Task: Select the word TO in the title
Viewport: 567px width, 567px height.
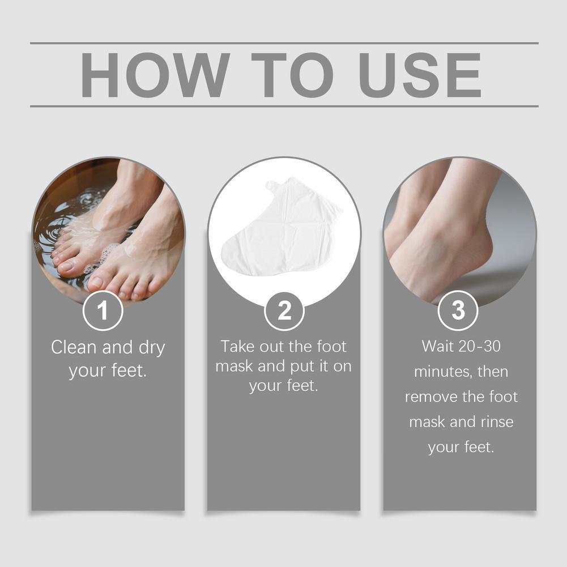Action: coord(292,75)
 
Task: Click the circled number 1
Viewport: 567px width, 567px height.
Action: coord(103,310)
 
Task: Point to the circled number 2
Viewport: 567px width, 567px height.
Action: coord(284,310)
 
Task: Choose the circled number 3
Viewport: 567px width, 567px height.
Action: coord(458,310)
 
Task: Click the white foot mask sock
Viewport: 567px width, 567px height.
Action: coord(282,226)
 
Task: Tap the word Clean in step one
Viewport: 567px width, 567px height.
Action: coord(74,347)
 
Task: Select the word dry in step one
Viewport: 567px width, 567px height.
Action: coord(152,348)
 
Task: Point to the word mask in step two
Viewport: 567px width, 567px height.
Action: coord(235,366)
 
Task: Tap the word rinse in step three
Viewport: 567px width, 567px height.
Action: coord(497,422)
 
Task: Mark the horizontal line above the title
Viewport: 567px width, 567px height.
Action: coord(284,43)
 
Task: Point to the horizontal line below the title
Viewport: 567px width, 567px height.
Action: coord(284,106)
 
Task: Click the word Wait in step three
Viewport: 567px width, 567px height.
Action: coord(437,347)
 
